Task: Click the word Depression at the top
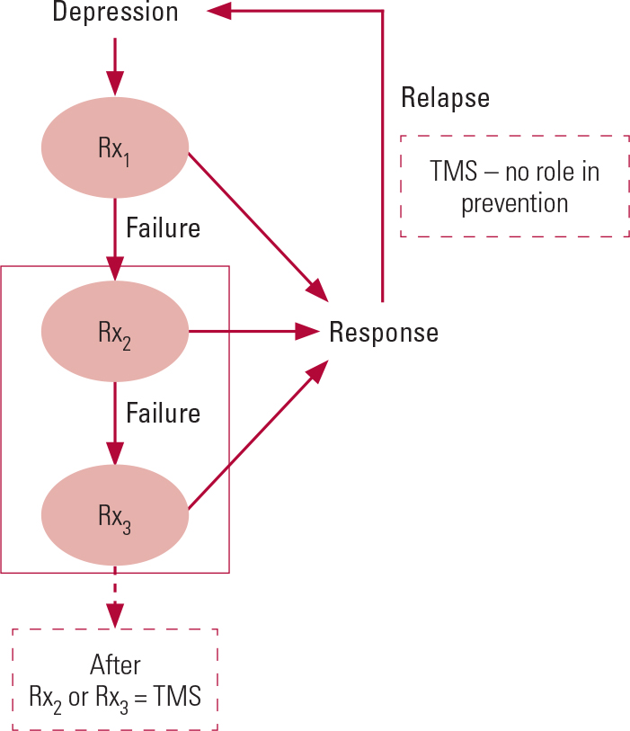coord(115,13)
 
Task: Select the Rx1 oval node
coord(115,148)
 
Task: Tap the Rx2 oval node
coord(115,333)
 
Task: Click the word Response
coord(384,333)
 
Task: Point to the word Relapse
coord(445,97)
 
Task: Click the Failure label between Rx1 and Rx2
coord(163,227)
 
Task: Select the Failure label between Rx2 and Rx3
coord(163,413)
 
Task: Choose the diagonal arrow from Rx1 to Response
coord(256,225)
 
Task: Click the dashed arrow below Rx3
coord(115,598)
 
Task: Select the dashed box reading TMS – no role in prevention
coord(515,186)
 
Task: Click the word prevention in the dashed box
coord(515,203)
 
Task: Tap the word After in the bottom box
coord(115,665)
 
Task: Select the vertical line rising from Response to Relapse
coord(384,162)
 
